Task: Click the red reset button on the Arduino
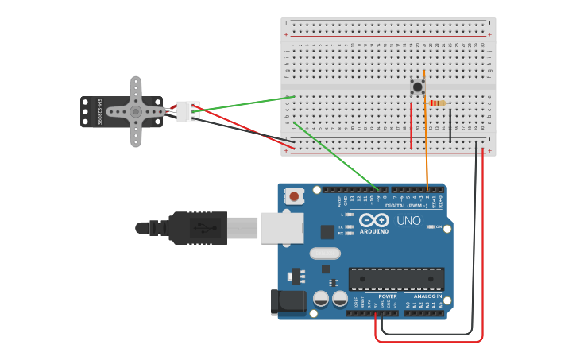(295, 195)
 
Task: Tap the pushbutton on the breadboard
(417, 86)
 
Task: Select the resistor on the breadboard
(437, 103)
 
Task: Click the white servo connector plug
(188, 112)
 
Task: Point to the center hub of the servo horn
(136, 112)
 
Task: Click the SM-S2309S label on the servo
(100, 112)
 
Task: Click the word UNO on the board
(408, 221)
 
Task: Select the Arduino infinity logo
(373, 220)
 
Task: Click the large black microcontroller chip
(396, 279)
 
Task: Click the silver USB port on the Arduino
(281, 227)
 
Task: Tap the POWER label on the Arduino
(388, 296)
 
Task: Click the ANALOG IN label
(428, 296)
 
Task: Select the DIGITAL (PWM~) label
(406, 205)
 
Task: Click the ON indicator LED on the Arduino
(430, 226)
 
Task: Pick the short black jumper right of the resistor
(450, 126)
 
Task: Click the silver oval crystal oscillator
(325, 254)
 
